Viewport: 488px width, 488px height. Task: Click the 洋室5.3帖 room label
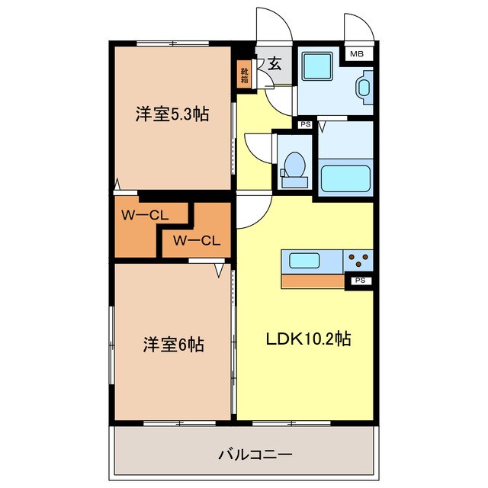point(172,114)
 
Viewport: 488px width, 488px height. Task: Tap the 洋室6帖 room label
point(173,344)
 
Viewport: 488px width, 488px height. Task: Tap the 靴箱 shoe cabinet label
point(244,76)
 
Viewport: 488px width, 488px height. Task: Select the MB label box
point(356,54)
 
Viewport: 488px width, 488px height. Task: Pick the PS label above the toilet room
point(305,124)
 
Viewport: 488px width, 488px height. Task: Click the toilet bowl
point(294,165)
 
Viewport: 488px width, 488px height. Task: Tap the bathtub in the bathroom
point(345,178)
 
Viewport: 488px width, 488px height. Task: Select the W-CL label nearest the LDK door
point(197,241)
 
